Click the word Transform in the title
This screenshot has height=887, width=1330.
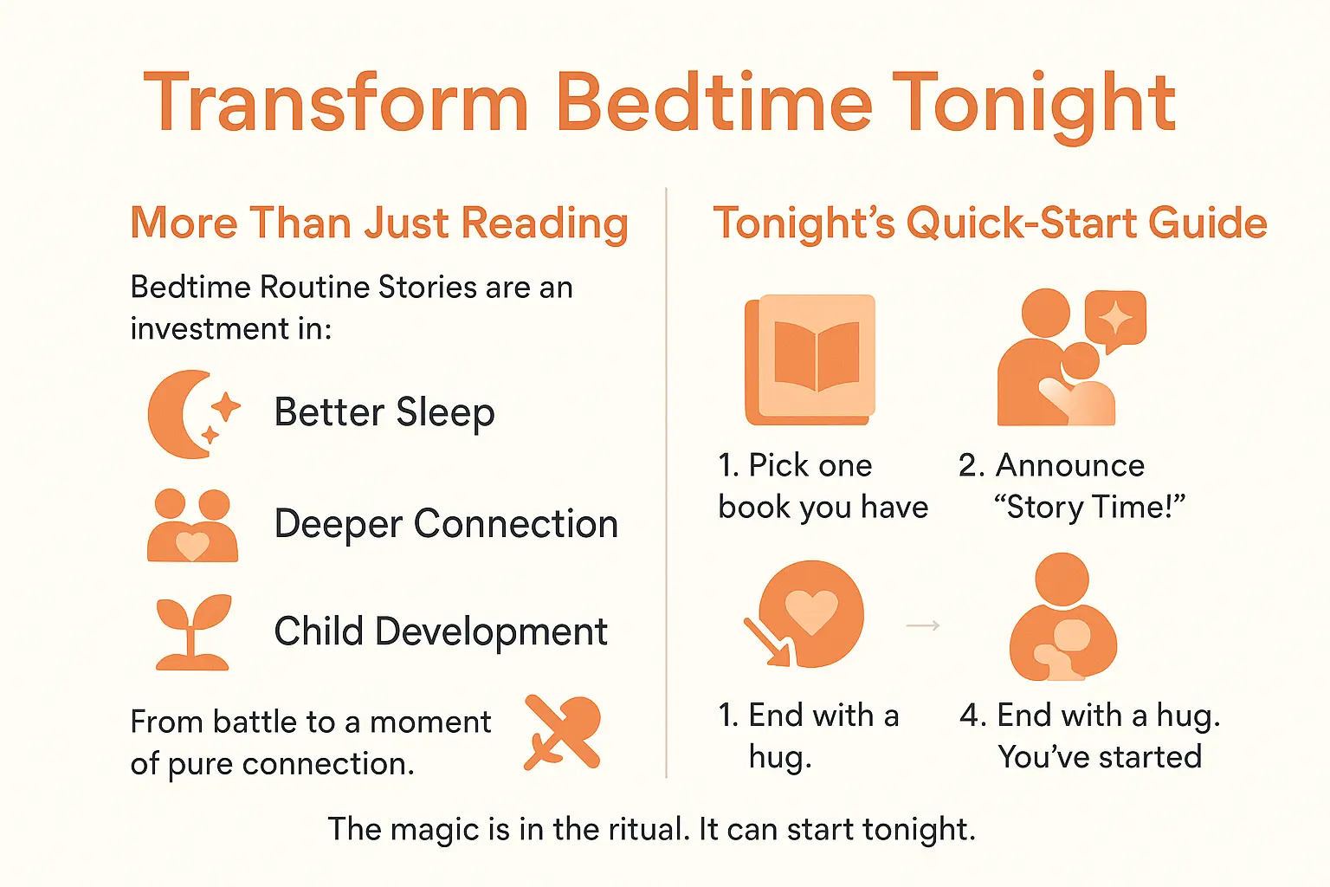tap(336, 103)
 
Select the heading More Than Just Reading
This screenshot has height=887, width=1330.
tap(379, 223)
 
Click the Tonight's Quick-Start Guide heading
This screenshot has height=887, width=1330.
tap(990, 223)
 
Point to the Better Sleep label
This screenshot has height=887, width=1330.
tap(384, 412)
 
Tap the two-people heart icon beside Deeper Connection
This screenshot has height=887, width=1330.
tap(192, 527)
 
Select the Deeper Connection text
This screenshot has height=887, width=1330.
tap(446, 524)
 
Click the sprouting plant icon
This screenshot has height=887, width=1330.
tap(193, 632)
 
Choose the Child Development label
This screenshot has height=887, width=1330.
tap(441, 631)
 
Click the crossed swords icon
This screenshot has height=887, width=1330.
tap(562, 733)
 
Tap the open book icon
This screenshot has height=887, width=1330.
tap(811, 359)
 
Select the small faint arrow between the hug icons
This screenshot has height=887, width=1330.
tap(923, 625)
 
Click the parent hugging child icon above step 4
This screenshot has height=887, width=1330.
tap(1063, 618)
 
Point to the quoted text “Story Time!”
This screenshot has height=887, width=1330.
tap(1089, 507)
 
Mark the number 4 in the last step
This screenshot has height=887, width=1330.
tap(970, 715)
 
